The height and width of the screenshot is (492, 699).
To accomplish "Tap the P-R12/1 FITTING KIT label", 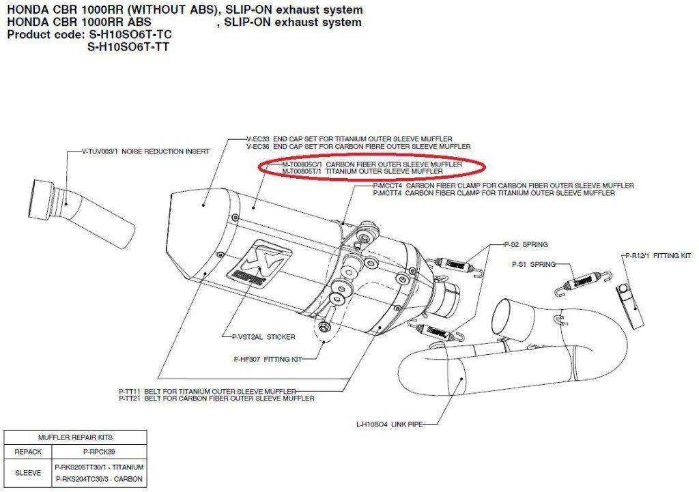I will (x=658, y=255).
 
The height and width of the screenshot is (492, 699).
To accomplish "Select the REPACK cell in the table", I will (x=29, y=451).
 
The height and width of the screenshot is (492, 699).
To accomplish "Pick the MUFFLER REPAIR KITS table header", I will (x=76, y=437).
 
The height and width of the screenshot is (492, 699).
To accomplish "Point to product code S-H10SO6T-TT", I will (x=129, y=47).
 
